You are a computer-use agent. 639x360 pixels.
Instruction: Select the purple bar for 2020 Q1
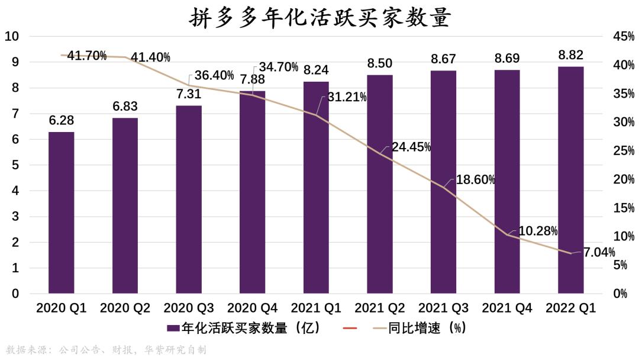[61, 213]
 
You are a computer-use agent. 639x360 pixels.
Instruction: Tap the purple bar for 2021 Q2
[380, 184]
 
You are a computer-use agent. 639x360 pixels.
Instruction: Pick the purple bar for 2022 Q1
[571, 180]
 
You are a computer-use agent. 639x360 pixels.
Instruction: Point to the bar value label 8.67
[443, 59]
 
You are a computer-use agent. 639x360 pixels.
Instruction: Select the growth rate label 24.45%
[411, 147]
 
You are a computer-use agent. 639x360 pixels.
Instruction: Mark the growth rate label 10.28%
[538, 231]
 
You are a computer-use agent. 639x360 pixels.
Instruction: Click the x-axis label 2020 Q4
[253, 308]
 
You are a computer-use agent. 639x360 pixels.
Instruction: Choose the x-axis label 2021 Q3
[443, 308]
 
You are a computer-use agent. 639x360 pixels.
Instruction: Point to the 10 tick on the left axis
[12, 37]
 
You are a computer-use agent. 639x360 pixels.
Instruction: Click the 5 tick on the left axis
[15, 165]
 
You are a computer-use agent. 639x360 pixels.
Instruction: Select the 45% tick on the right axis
[623, 37]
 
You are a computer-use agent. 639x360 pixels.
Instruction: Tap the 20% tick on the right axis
[623, 179]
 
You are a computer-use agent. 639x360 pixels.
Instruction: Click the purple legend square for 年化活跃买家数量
[173, 328]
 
